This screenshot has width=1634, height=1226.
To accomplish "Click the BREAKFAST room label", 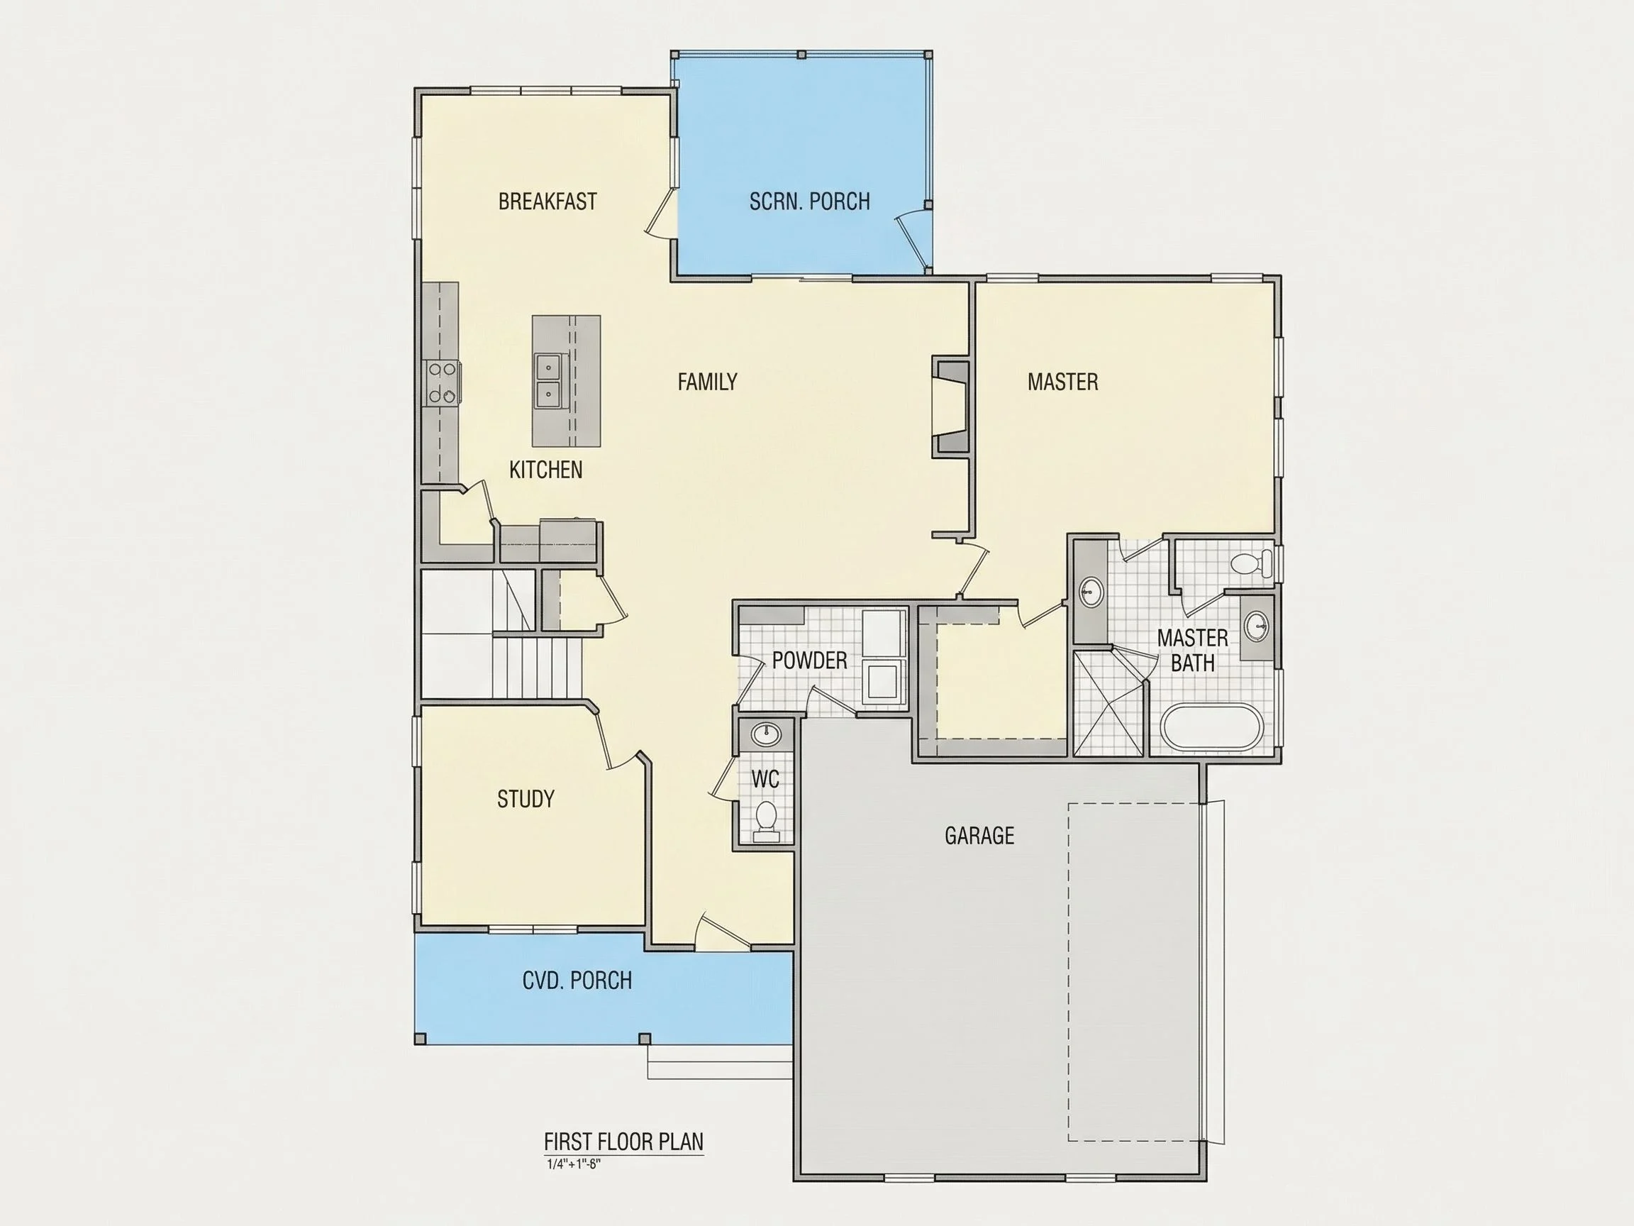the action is [x=548, y=201].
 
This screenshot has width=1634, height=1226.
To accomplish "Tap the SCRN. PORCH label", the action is [x=810, y=201].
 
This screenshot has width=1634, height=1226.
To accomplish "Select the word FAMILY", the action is [x=708, y=382].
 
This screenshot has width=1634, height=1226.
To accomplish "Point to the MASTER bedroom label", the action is [x=1063, y=382].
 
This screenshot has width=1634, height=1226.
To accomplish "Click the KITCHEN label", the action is [x=546, y=470].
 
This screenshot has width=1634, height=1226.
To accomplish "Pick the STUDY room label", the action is [x=526, y=799].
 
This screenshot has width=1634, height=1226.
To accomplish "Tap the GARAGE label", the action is [x=979, y=836].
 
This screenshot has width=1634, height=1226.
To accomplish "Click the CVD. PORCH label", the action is [x=577, y=981].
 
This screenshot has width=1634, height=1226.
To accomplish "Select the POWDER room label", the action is [x=810, y=661].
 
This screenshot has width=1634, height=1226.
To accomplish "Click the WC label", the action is [x=765, y=779].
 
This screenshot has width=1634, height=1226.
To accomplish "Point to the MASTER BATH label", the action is [x=1192, y=651].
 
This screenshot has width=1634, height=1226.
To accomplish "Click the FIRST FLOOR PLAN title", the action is [x=624, y=1142].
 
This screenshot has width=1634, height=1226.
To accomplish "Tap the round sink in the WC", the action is [x=766, y=734].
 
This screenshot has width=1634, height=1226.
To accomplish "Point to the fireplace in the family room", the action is [x=951, y=407].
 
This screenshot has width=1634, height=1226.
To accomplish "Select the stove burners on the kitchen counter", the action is [x=441, y=382].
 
